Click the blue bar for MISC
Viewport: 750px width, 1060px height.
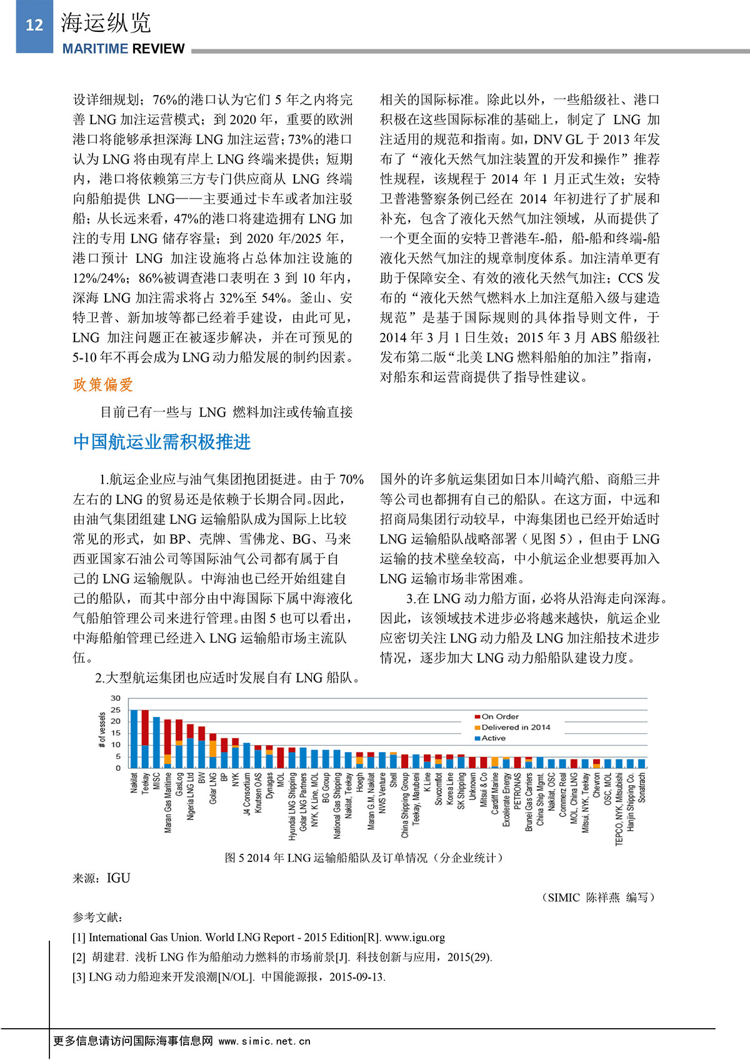click(156, 743)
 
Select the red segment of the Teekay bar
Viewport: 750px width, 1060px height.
click(145, 727)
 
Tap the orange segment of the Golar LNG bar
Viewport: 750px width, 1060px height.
click(213, 748)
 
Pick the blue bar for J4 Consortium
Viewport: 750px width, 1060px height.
click(247, 756)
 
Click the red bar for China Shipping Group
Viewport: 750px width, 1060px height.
click(405, 761)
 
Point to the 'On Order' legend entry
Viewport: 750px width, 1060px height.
click(500, 716)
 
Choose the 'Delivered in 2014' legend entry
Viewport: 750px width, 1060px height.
click(516, 727)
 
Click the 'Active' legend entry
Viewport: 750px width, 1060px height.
click(493, 738)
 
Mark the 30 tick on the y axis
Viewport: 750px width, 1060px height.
click(116, 698)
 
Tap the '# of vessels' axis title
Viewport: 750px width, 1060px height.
click(102, 730)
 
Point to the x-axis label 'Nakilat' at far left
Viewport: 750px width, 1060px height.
click(134, 783)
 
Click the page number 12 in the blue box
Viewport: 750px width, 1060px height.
click(34, 25)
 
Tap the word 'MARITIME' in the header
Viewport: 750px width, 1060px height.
click(94, 49)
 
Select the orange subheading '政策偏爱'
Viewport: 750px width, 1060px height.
click(103, 385)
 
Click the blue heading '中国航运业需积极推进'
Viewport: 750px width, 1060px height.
click(162, 442)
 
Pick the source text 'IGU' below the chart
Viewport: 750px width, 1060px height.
click(118, 878)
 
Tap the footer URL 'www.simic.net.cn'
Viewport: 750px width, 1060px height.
click(264, 1041)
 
